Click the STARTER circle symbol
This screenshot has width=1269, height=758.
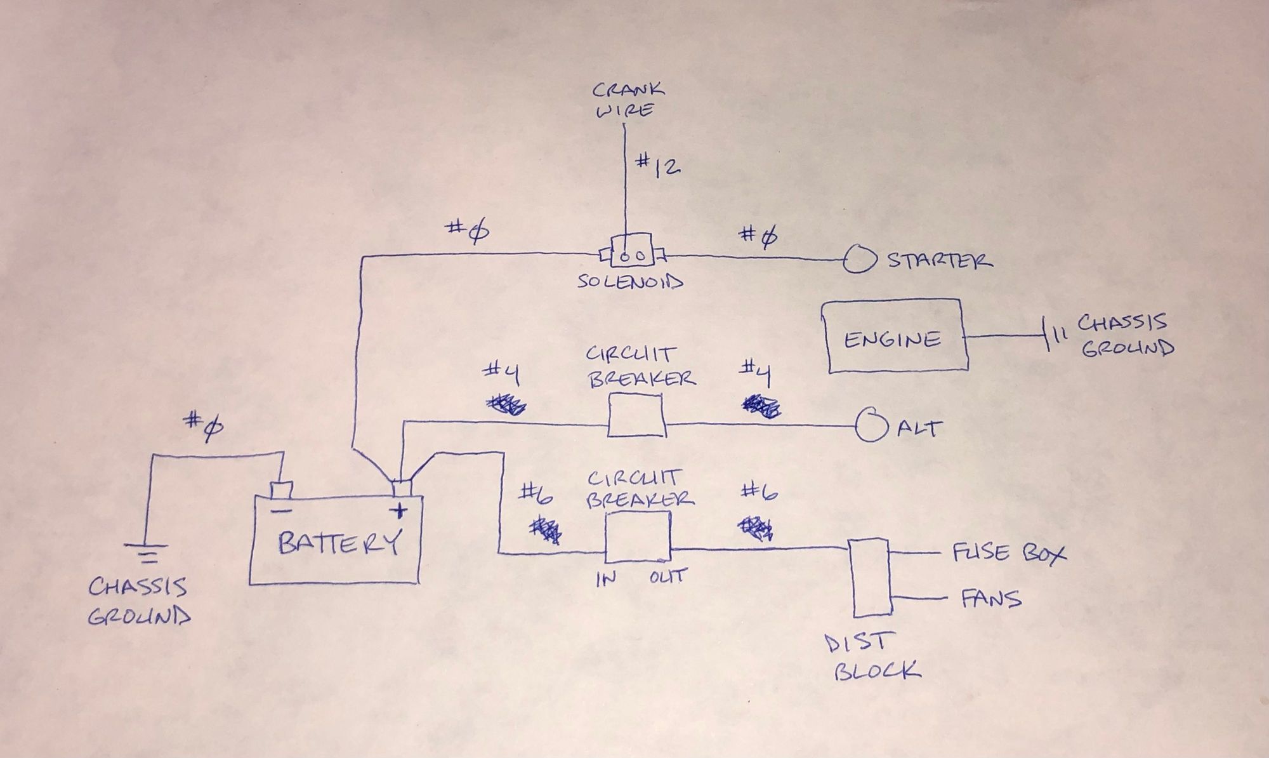(x=859, y=260)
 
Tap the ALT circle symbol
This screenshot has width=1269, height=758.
(x=871, y=425)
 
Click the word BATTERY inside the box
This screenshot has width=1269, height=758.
(x=339, y=543)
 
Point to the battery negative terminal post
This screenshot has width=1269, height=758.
(x=281, y=490)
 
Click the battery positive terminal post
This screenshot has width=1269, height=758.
(x=402, y=488)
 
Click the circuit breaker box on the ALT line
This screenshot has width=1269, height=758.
(x=635, y=415)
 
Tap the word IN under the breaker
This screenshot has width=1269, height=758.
(x=606, y=579)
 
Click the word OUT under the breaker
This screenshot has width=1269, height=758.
(x=667, y=577)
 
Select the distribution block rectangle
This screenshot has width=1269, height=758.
(x=869, y=578)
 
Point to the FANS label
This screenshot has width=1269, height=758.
(x=991, y=599)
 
